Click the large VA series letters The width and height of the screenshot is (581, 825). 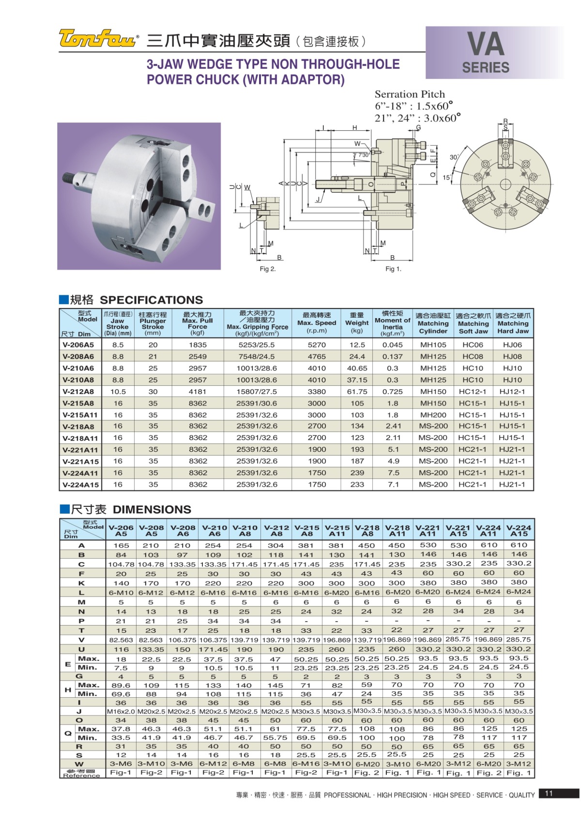[x=486, y=45]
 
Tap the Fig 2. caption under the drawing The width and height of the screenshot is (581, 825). [x=268, y=269]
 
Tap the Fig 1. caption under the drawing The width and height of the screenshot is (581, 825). [x=393, y=269]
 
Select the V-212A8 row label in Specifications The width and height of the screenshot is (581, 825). [x=78, y=392]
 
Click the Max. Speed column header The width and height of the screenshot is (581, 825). [x=317, y=322]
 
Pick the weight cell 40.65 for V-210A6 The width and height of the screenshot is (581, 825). [x=357, y=368]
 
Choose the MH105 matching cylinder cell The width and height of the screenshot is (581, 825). [x=433, y=345]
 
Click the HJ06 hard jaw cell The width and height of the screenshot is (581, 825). [x=512, y=345]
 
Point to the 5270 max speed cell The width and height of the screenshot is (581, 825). [x=317, y=345]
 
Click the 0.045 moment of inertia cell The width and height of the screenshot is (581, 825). [x=392, y=345]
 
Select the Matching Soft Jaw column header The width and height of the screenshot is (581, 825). [x=473, y=323]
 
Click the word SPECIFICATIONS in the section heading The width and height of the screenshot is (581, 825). [x=151, y=300]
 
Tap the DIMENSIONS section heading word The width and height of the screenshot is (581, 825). [x=152, y=509]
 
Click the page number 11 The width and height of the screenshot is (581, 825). [x=549, y=793]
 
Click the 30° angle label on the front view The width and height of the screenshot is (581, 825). [x=454, y=157]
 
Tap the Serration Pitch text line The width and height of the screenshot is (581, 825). [x=410, y=94]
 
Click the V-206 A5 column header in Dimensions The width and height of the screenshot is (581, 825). [x=121, y=531]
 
